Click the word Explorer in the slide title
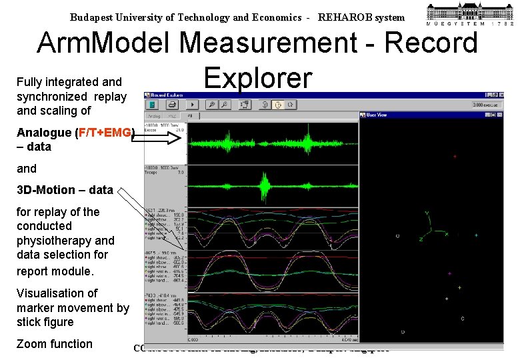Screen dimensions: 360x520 click(258, 77)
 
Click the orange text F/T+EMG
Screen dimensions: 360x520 click(105, 132)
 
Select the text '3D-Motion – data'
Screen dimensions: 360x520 click(65, 190)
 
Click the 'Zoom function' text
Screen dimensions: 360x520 click(55, 344)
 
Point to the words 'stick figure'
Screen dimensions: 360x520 click(45, 322)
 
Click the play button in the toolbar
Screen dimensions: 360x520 click(193, 105)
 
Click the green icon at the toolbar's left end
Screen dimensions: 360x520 click(153, 105)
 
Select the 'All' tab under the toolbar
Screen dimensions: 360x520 click(190, 115)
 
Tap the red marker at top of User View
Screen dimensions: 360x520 click(455, 157)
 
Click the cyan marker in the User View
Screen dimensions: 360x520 click(476, 235)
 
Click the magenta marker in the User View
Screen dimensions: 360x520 click(449, 273)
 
